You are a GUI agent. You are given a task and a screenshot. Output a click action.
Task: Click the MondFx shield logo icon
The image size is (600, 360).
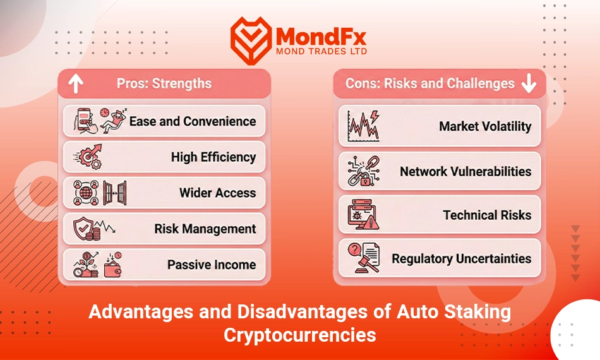(251, 40)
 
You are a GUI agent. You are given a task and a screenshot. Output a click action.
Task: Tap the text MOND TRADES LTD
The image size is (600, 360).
(321, 51)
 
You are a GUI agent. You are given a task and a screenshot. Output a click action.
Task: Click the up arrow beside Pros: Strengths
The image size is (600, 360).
(76, 83)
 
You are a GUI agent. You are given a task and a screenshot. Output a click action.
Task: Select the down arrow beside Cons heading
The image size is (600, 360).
(529, 83)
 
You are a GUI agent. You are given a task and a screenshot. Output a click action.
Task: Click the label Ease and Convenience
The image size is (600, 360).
(193, 121)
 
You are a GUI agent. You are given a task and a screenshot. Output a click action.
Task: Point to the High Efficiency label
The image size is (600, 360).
(213, 157)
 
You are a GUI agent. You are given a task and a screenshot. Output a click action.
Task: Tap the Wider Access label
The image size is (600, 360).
(218, 193)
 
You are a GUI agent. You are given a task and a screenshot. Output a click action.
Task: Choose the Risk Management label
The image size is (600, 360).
(205, 229)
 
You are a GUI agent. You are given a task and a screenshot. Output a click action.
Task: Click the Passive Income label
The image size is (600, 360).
(212, 265)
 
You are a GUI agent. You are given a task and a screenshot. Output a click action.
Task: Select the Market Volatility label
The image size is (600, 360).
(485, 126)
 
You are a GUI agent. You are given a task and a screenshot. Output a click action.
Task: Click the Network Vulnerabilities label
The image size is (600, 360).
(465, 171)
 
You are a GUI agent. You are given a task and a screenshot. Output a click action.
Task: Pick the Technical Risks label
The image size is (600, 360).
(487, 215)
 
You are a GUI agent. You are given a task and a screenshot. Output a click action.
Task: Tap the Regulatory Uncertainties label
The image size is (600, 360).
(462, 258)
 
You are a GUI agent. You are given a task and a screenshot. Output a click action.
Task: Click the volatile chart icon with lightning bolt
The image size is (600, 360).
(363, 126)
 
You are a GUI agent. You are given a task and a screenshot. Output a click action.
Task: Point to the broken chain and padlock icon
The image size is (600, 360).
(364, 171)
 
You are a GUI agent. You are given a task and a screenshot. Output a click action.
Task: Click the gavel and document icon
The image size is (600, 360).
(364, 258)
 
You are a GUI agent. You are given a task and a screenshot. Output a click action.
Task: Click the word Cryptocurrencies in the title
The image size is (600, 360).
(300, 335)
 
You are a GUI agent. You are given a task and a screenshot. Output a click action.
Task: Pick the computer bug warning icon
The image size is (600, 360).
(363, 215)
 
